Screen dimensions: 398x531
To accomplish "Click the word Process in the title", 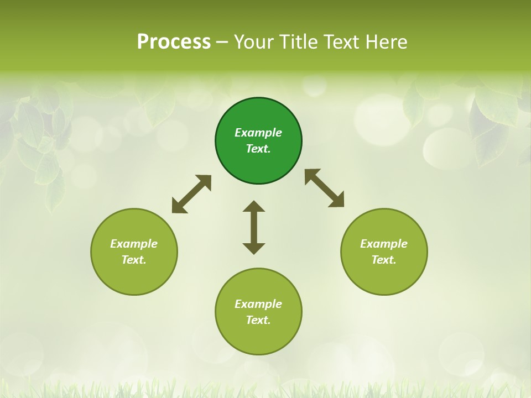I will click(174, 41).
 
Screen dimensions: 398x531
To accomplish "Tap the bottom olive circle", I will click(258, 337).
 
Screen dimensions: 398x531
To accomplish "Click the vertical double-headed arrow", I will click(254, 227).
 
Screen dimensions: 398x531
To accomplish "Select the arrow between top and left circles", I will click(191, 194).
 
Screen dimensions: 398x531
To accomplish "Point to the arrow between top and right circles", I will click(325, 188).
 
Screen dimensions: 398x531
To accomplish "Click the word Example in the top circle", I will click(258, 133).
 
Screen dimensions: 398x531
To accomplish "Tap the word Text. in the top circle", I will click(258, 149).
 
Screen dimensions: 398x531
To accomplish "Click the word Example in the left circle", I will click(134, 244).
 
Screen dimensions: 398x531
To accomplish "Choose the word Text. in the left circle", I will click(134, 260).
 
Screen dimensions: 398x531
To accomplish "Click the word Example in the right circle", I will click(384, 244).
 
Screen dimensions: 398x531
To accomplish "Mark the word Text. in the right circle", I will click(384, 260).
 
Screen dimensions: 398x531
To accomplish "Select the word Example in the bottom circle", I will click(258, 304).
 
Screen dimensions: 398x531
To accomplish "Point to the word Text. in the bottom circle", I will click(258, 320).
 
